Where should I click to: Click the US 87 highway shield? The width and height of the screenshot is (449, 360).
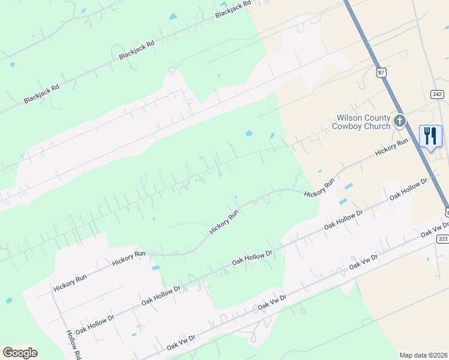[381, 72]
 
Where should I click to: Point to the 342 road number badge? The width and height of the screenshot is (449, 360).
[437, 95]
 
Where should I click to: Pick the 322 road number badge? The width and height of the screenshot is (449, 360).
[442, 239]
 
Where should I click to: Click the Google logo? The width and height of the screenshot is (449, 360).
[20, 353]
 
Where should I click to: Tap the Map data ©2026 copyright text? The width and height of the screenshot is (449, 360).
[423, 355]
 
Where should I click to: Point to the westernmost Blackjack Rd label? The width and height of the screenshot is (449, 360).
[41, 94]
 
